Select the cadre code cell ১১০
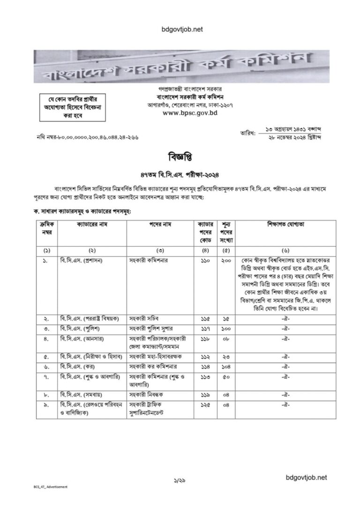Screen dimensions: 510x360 pyautogui.click(x=204, y=259)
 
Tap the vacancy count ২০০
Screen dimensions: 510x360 pyautogui.click(x=226, y=259)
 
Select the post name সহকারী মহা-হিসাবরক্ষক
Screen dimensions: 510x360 pyautogui.click(x=157, y=356)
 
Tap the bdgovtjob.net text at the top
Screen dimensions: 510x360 pyautogui.click(x=180, y=30)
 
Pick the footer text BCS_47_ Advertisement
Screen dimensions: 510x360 pyautogui.click(x=47, y=487)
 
